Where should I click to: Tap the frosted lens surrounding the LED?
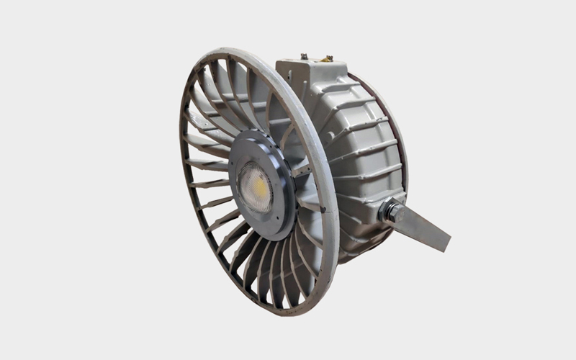click(249, 198)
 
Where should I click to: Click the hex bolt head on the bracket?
click(390, 212)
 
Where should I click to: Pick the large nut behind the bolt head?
click(398, 209)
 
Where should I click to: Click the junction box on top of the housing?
click(313, 72)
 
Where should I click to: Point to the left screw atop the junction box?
click(304, 55)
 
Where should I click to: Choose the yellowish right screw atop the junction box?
click(327, 58)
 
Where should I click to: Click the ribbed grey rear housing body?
click(360, 166)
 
